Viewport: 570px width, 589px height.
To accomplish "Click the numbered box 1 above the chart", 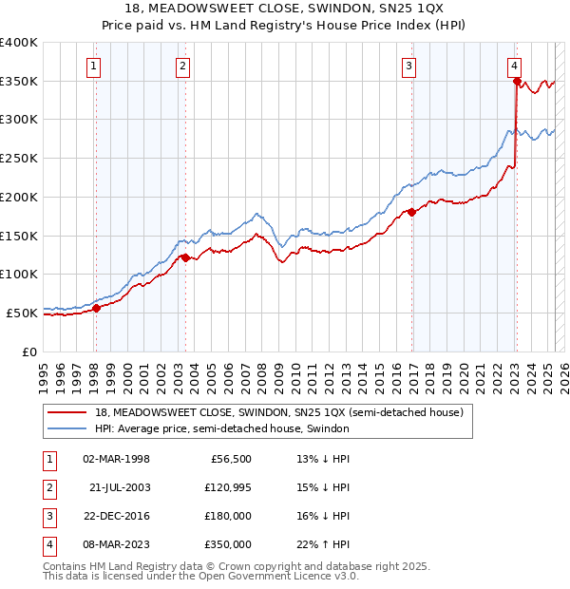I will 95,66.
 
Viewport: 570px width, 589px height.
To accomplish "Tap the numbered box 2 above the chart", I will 181,66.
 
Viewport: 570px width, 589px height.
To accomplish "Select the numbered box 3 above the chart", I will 408,66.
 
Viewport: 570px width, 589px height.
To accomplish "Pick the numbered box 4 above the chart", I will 513,66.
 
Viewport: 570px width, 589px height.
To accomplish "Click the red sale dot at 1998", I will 96,307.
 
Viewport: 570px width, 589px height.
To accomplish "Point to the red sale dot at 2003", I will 185,257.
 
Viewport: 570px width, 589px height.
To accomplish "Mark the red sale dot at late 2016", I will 412,212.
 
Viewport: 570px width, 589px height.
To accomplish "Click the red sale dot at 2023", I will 517,82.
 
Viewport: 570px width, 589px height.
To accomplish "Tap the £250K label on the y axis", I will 19,158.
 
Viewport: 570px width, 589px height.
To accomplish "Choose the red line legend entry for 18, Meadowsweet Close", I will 278,412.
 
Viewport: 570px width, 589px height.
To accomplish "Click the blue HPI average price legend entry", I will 221,428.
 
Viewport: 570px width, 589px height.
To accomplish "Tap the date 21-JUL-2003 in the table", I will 120,487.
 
